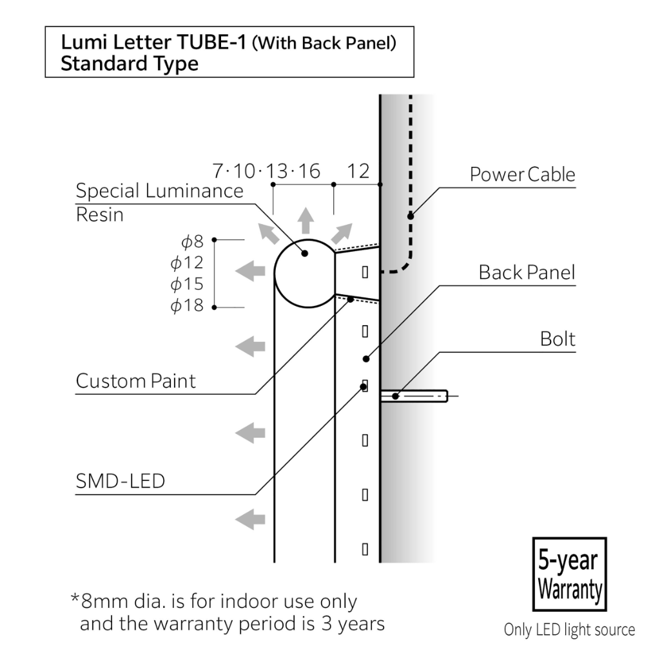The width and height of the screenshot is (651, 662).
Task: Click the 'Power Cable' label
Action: (x=522, y=175)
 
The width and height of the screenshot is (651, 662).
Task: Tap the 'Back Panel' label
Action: (x=527, y=272)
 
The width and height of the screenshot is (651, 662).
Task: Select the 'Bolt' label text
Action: (x=558, y=339)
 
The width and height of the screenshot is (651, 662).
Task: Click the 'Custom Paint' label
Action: (x=135, y=381)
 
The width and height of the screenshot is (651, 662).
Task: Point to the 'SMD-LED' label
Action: (x=121, y=481)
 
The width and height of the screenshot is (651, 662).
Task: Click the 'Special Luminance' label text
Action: (x=160, y=191)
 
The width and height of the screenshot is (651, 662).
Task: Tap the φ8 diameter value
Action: (x=193, y=241)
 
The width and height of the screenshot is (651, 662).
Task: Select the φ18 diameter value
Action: (x=187, y=305)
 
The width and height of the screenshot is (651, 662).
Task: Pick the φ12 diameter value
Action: (x=187, y=263)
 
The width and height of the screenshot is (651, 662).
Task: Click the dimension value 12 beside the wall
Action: (x=358, y=171)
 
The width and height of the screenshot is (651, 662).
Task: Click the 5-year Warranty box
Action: (x=570, y=574)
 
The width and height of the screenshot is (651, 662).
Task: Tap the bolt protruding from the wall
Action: (x=414, y=396)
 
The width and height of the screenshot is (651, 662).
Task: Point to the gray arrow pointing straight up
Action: (x=306, y=221)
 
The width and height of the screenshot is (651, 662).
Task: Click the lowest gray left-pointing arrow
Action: (x=250, y=519)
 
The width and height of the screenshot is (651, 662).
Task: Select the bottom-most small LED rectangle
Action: (x=365, y=549)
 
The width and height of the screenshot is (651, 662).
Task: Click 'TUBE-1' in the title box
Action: (x=211, y=42)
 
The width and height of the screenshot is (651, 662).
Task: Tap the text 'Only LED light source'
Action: (x=570, y=630)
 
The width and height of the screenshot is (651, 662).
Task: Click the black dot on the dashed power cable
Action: (x=411, y=216)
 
